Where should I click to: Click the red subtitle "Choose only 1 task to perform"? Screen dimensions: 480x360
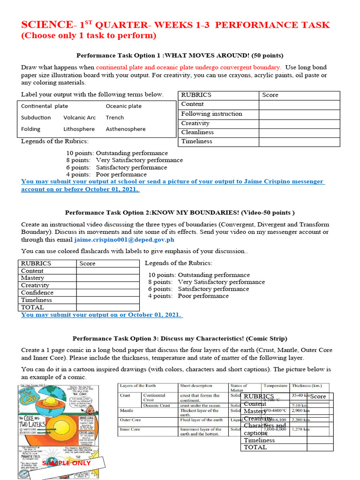click(89, 36)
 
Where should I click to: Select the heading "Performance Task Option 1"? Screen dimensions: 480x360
click(180, 55)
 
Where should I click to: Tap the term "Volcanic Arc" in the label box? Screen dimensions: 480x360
click(79, 118)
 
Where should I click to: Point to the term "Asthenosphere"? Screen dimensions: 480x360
click(126, 129)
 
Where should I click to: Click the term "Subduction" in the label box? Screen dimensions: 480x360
click(36, 118)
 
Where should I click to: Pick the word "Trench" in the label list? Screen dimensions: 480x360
click(115, 118)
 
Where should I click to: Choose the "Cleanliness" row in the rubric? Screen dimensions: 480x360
click(197, 132)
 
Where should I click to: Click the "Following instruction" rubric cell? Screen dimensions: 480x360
click(211, 113)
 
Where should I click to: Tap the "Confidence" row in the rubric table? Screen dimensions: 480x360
click(37, 292)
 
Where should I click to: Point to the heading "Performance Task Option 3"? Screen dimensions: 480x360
click(180, 338)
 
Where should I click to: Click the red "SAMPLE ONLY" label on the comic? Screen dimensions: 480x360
click(66, 463)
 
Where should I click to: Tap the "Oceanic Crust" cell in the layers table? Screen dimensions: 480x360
click(157, 405)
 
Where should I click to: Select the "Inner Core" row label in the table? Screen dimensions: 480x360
click(130, 429)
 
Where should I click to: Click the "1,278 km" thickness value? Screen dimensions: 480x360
click(300, 429)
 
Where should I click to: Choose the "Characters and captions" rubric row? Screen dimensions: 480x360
click(264, 429)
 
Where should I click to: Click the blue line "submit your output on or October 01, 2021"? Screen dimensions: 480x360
click(102, 315)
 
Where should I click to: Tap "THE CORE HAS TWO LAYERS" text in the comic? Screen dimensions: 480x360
click(32, 424)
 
